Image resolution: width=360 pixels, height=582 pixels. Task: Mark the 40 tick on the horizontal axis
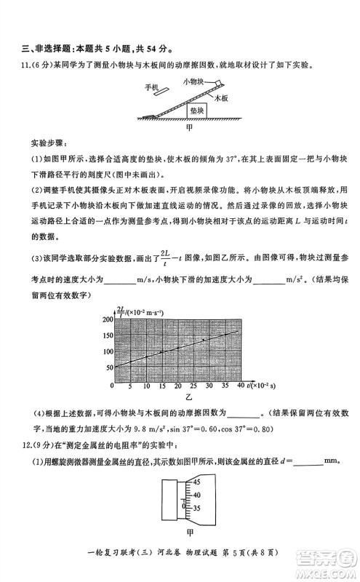pyautogui.click(x=240, y=386)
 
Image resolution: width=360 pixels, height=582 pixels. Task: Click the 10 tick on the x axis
pyautogui.click(x=146, y=386)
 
